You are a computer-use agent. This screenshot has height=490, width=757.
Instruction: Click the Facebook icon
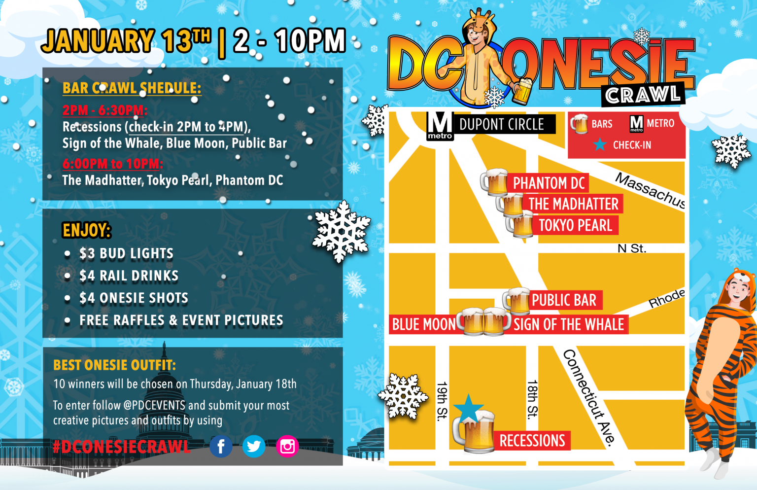[221, 447]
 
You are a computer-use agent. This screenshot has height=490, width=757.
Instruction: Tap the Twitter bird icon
[254, 447]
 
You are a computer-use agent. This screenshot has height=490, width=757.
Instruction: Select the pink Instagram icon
[287, 447]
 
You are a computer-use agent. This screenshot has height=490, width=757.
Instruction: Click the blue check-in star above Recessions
[468, 408]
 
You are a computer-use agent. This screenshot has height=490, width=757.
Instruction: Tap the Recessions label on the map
[532, 441]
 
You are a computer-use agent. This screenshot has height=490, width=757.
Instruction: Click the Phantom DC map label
[549, 183]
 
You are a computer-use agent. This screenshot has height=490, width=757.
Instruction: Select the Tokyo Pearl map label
[575, 226]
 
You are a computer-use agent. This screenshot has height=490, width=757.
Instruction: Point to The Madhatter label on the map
[573, 204]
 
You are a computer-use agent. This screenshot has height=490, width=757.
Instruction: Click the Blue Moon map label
[424, 324]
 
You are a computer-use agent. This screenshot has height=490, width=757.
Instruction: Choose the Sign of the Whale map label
[569, 324]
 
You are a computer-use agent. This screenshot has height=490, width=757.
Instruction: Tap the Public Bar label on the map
[564, 300]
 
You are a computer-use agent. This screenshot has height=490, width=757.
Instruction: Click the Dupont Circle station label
[501, 125]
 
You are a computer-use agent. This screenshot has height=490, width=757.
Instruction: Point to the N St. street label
[631, 248]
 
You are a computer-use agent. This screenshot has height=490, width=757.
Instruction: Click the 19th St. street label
[442, 401]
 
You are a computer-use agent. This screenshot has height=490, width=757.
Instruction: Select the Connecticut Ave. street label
[589, 397]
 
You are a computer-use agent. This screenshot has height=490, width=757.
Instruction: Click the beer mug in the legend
[580, 124]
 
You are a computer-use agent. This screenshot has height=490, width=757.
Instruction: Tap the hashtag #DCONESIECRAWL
[121, 447]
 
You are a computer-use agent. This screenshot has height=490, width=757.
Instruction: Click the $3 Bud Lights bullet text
[126, 253]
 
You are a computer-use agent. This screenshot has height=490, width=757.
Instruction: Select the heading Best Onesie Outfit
[114, 365]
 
